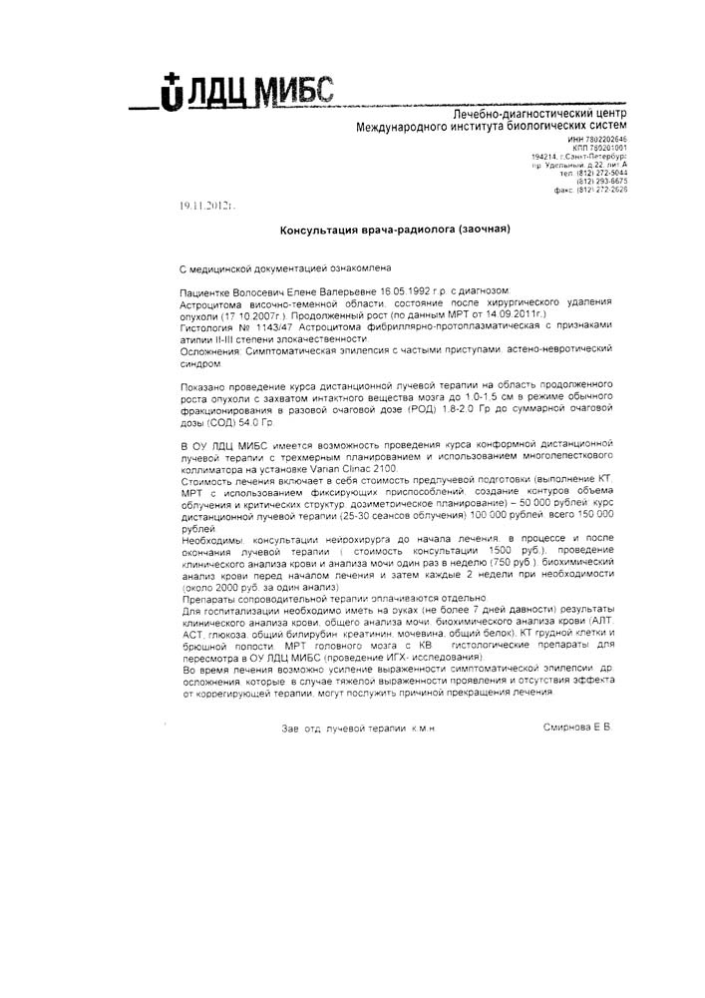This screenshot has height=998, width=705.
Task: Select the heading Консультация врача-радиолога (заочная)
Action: [394, 230]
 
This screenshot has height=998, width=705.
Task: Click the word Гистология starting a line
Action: [209, 326]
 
